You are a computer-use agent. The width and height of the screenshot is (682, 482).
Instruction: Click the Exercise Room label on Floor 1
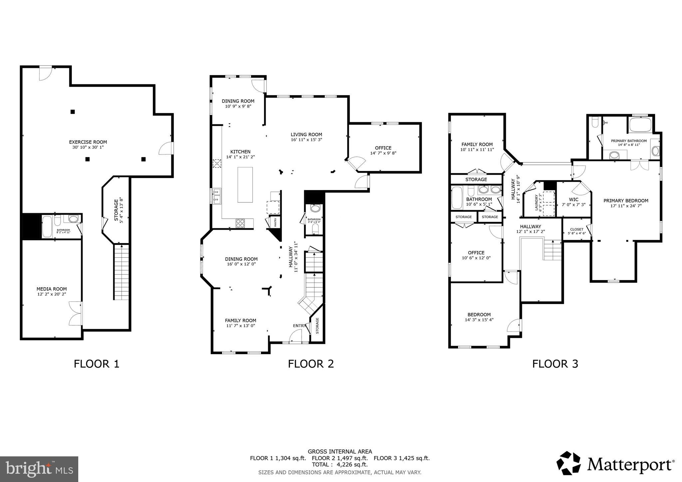click(x=88, y=142)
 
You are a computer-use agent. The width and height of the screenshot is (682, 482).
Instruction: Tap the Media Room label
click(x=52, y=289)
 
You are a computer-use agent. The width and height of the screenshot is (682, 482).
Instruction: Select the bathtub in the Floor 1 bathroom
click(x=47, y=227)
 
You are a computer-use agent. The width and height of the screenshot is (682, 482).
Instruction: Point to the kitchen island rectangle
click(x=245, y=184)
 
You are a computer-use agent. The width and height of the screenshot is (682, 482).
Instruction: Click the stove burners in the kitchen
click(x=240, y=223)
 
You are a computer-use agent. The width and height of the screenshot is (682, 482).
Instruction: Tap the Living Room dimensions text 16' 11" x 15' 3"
click(x=306, y=140)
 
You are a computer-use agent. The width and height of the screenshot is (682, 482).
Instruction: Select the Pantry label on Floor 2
click(x=276, y=222)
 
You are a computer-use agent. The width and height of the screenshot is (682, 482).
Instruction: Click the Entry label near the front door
click(x=299, y=326)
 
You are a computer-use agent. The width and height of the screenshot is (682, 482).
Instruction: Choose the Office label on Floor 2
click(x=383, y=148)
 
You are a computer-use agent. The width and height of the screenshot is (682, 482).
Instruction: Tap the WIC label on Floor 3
click(x=574, y=199)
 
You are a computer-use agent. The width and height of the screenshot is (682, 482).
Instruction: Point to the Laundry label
click(x=536, y=203)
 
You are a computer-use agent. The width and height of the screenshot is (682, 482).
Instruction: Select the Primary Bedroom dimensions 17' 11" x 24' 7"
click(x=626, y=206)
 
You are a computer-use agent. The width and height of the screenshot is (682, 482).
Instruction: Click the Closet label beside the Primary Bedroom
click(x=577, y=229)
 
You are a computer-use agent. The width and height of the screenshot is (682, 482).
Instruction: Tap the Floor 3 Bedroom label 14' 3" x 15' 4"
click(x=479, y=320)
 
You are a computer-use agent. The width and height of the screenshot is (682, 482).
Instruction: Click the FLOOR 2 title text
click(x=311, y=364)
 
